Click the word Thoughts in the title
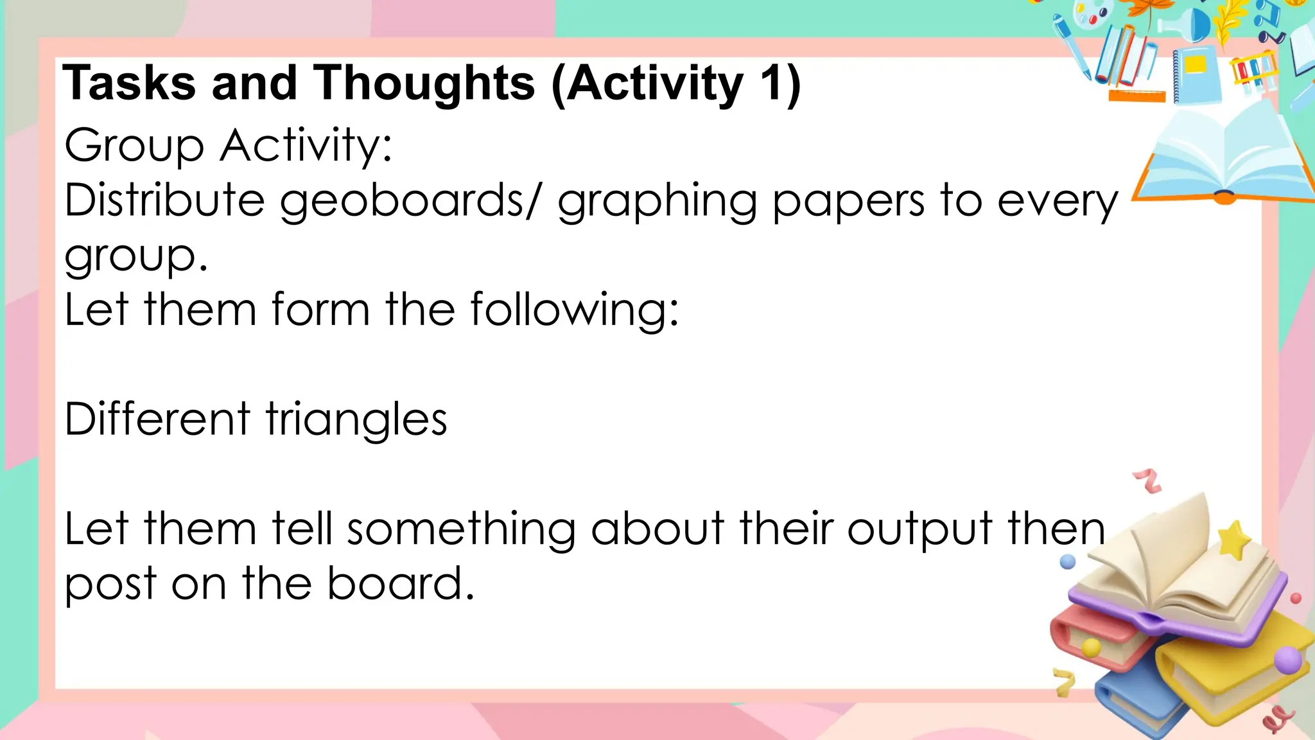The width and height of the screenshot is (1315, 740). tap(424, 84)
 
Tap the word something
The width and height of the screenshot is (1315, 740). tap(461, 530)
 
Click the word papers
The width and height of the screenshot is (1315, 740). tap(848, 201)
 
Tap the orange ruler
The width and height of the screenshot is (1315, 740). tap(1136, 97)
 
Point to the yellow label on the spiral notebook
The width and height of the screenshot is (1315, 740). tap(1196, 65)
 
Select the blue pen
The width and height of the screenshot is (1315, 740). tap(1070, 45)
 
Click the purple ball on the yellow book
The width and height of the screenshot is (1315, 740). tap(1287, 660)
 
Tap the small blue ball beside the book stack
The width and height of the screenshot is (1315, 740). tap(1067, 562)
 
